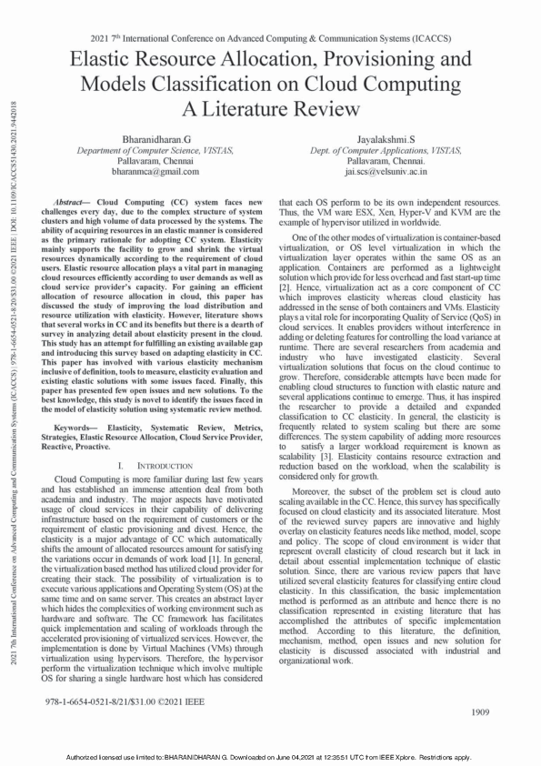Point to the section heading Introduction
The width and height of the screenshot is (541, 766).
pyautogui.click(x=151, y=466)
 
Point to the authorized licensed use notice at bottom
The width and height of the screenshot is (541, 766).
pyautogui.click(x=270, y=757)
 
